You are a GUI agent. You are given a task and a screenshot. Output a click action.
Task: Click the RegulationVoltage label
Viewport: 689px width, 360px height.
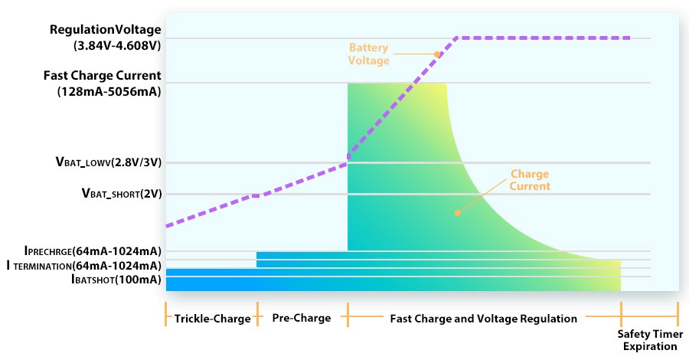106,30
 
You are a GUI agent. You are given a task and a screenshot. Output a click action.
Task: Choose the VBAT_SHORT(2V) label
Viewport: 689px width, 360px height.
121,194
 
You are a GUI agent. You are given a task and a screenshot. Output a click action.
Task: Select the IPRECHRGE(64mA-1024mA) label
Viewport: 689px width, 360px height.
93,250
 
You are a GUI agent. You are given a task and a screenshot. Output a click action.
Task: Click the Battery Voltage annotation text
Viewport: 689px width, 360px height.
369,54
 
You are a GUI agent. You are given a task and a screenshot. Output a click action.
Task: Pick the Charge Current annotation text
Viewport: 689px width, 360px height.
530,179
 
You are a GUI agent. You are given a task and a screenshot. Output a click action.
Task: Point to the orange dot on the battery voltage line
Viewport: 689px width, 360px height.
437,54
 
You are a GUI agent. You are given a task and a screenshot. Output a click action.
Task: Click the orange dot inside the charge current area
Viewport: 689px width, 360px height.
458,213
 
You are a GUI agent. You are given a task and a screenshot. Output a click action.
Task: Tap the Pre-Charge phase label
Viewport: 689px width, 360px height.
302,318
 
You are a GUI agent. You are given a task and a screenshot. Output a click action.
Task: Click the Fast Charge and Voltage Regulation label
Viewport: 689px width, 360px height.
484,318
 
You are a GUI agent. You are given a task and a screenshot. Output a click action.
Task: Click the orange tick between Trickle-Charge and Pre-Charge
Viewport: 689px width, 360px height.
256,315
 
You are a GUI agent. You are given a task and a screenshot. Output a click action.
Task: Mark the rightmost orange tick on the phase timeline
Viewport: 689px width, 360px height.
678,315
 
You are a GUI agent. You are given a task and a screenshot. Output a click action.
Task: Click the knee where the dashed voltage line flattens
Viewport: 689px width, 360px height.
457,38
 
